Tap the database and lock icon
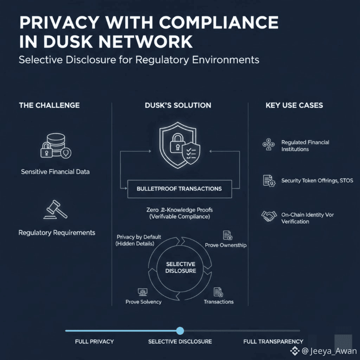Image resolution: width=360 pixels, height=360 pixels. (x=55, y=146)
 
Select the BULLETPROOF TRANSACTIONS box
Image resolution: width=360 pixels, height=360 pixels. (x=179, y=189)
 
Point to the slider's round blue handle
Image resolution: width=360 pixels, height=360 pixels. (x=180, y=330)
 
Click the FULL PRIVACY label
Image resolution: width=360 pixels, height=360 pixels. (x=94, y=341)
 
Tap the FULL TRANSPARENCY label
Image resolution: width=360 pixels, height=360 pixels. (x=273, y=341)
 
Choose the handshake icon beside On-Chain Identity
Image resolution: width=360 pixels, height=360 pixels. (x=269, y=216)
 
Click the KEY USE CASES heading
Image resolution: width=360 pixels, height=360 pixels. (x=294, y=105)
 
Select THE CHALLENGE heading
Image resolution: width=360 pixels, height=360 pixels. (x=49, y=105)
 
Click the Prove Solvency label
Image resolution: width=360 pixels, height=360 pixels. (x=143, y=302)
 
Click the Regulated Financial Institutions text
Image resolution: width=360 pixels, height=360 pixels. (x=305, y=146)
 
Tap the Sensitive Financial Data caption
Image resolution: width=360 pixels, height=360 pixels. (x=55, y=172)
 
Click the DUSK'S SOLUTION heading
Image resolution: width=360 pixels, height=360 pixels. (x=178, y=105)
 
